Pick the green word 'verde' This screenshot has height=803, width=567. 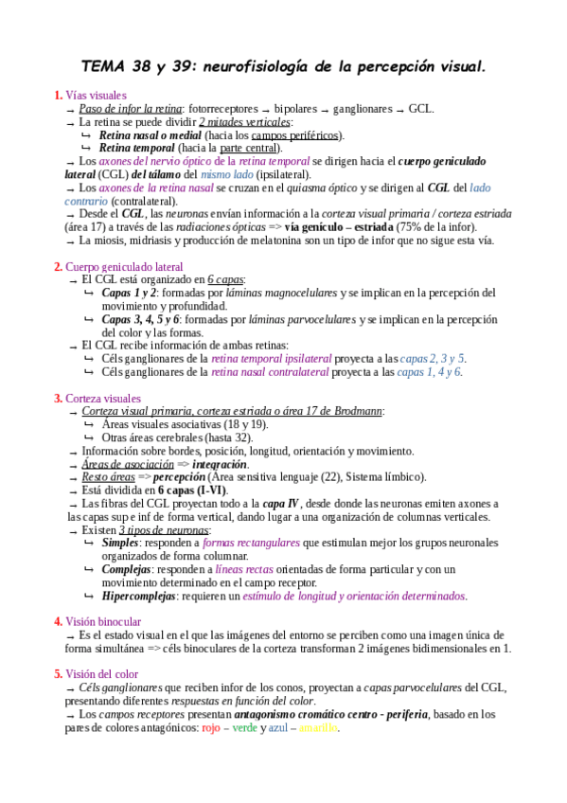(x=245, y=727)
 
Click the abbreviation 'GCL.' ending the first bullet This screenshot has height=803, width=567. (x=421, y=109)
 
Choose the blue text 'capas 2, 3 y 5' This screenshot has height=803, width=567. (x=433, y=359)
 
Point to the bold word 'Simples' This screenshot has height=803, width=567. (x=120, y=543)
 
